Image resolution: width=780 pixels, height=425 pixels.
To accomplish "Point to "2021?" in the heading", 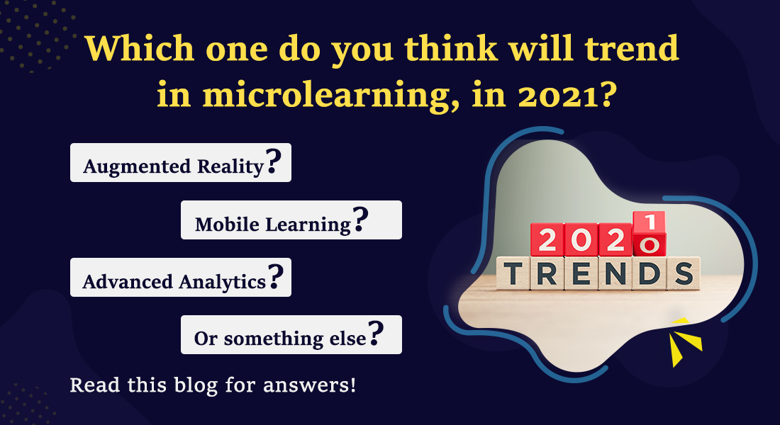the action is (567, 93).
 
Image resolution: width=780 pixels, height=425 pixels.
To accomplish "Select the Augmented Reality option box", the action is (181, 162).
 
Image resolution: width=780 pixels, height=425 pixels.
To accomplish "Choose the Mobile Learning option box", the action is (291, 220).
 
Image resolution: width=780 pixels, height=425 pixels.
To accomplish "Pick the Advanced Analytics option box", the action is (181, 278).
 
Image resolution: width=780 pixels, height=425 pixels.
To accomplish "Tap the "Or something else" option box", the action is (291, 334).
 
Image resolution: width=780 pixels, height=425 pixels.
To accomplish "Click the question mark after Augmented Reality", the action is (274, 161).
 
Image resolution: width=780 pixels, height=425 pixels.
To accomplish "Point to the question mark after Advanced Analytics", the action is (276, 276).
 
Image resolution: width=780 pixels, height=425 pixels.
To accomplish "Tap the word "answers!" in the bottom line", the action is (309, 386).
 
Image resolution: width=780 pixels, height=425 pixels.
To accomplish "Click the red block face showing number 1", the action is (649, 222).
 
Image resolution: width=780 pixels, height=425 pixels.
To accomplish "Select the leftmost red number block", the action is (547, 240).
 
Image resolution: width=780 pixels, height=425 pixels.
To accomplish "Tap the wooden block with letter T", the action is (513, 273).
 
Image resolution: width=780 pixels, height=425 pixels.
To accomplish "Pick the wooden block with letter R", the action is (547, 273).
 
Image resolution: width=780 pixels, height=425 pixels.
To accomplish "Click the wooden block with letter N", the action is (615, 273).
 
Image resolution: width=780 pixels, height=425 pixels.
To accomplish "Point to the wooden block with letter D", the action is (649, 273).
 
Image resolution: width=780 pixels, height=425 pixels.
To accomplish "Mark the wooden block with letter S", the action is (684, 273).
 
